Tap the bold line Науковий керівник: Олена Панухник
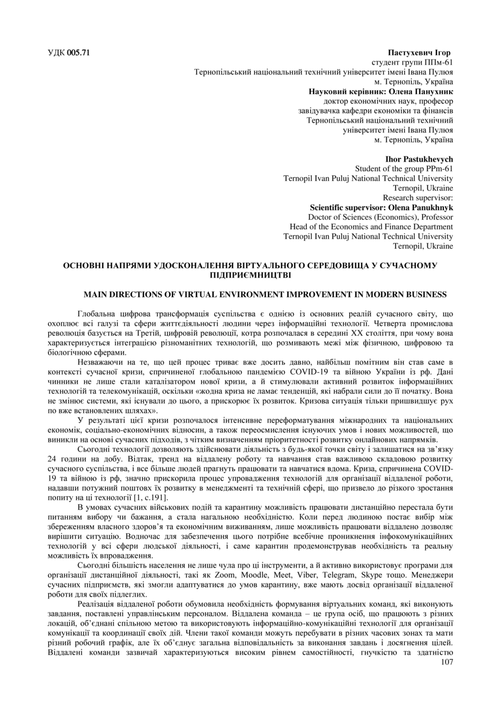pos(380,91)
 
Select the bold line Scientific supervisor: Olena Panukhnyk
pos(381,207)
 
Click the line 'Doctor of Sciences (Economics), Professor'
pos(380,217)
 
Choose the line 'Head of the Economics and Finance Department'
pos(371,227)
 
